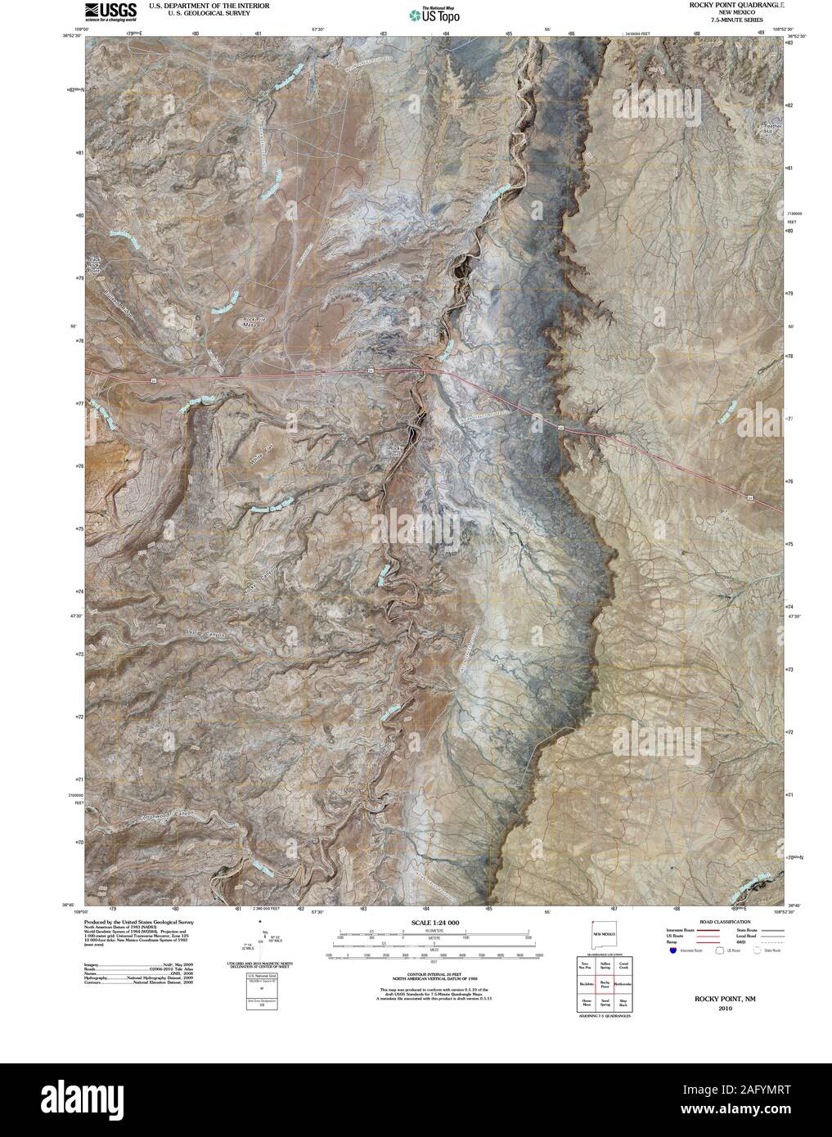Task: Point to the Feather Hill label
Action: tap(773, 128)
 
